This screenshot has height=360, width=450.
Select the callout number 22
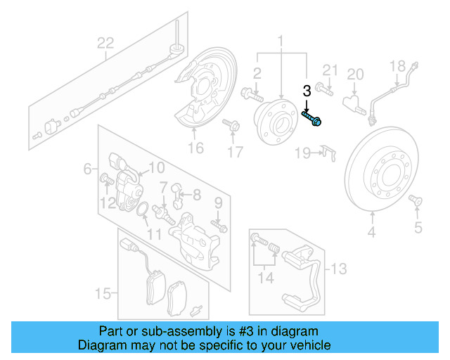click(105, 44)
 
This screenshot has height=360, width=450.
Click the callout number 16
click(195, 147)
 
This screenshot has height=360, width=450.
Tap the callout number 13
click(339, 269)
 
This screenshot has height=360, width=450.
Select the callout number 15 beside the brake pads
click(103, 292)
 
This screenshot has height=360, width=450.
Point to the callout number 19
click(302, 153)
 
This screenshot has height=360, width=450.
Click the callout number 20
click(356, 74)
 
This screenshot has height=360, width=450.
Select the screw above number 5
click(417, 203)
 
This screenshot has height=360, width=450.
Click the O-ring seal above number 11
click(142, 210)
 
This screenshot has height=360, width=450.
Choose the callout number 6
click(88, 169)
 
